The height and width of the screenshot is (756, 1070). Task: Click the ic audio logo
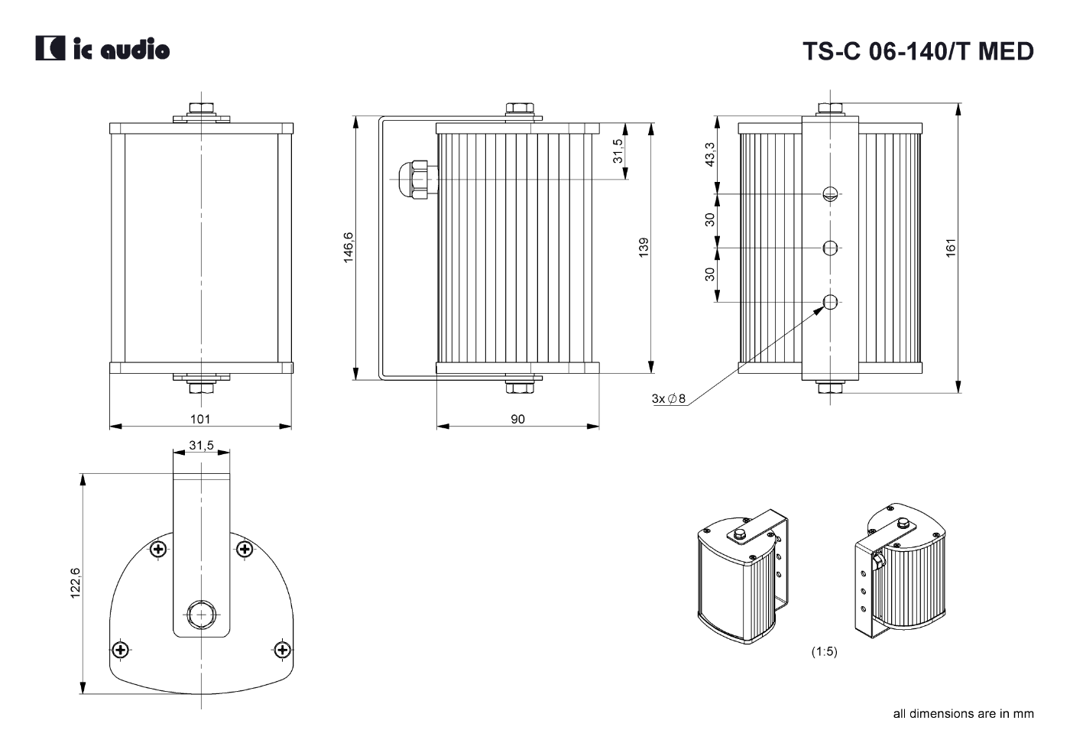point(102,48)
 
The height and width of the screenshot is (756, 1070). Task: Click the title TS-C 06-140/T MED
point(918,51)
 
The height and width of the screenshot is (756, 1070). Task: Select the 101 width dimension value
point(200,419)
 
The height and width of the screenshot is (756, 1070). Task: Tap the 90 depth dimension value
point(518,419)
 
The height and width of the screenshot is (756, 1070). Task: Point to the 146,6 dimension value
point(349,248)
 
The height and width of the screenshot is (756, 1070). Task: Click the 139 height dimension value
point(644,248)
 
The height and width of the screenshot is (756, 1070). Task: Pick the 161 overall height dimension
point(951,248)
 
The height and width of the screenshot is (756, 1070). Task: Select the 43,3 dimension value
point(710,154)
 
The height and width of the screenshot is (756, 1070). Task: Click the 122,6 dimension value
point(76,583)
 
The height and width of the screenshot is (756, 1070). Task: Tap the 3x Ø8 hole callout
point(669,398)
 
